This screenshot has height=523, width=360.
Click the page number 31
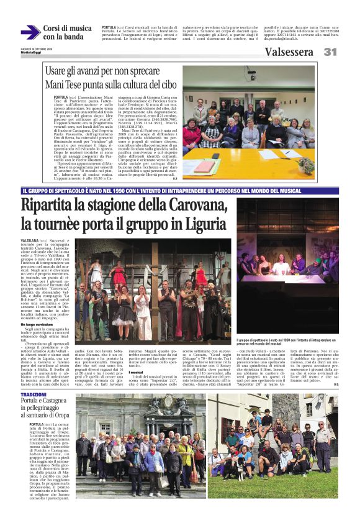[x=330, y=52]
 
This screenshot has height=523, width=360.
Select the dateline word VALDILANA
[x=30, y=239]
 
